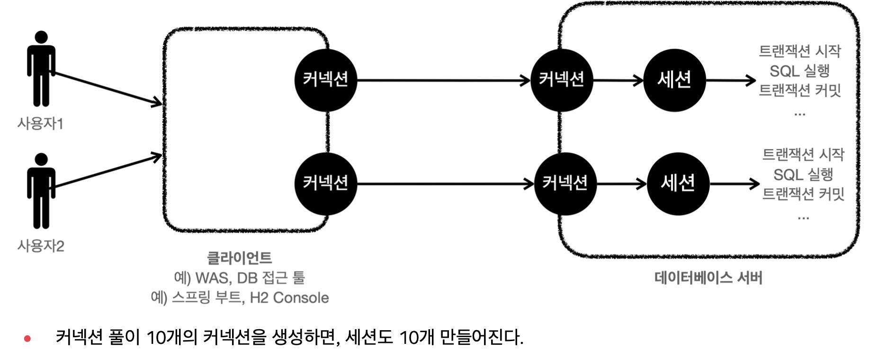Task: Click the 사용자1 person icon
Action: pos(41,69)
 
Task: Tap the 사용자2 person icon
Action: pos(41,191)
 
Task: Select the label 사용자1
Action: pos(40,124)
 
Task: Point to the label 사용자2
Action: pos(41,246)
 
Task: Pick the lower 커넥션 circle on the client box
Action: pos(325,183)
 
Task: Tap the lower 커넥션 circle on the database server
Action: pos(565,183)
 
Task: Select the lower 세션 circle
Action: pos(678,183)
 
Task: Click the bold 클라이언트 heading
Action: pos(240,258)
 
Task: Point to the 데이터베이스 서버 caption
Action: pos(708,278)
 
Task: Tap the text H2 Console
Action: pos(289,297)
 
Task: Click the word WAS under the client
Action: pos(212,278)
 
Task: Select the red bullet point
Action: pos(27,338)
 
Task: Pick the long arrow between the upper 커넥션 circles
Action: pos(443,81)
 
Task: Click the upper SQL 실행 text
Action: pos(799,71)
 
